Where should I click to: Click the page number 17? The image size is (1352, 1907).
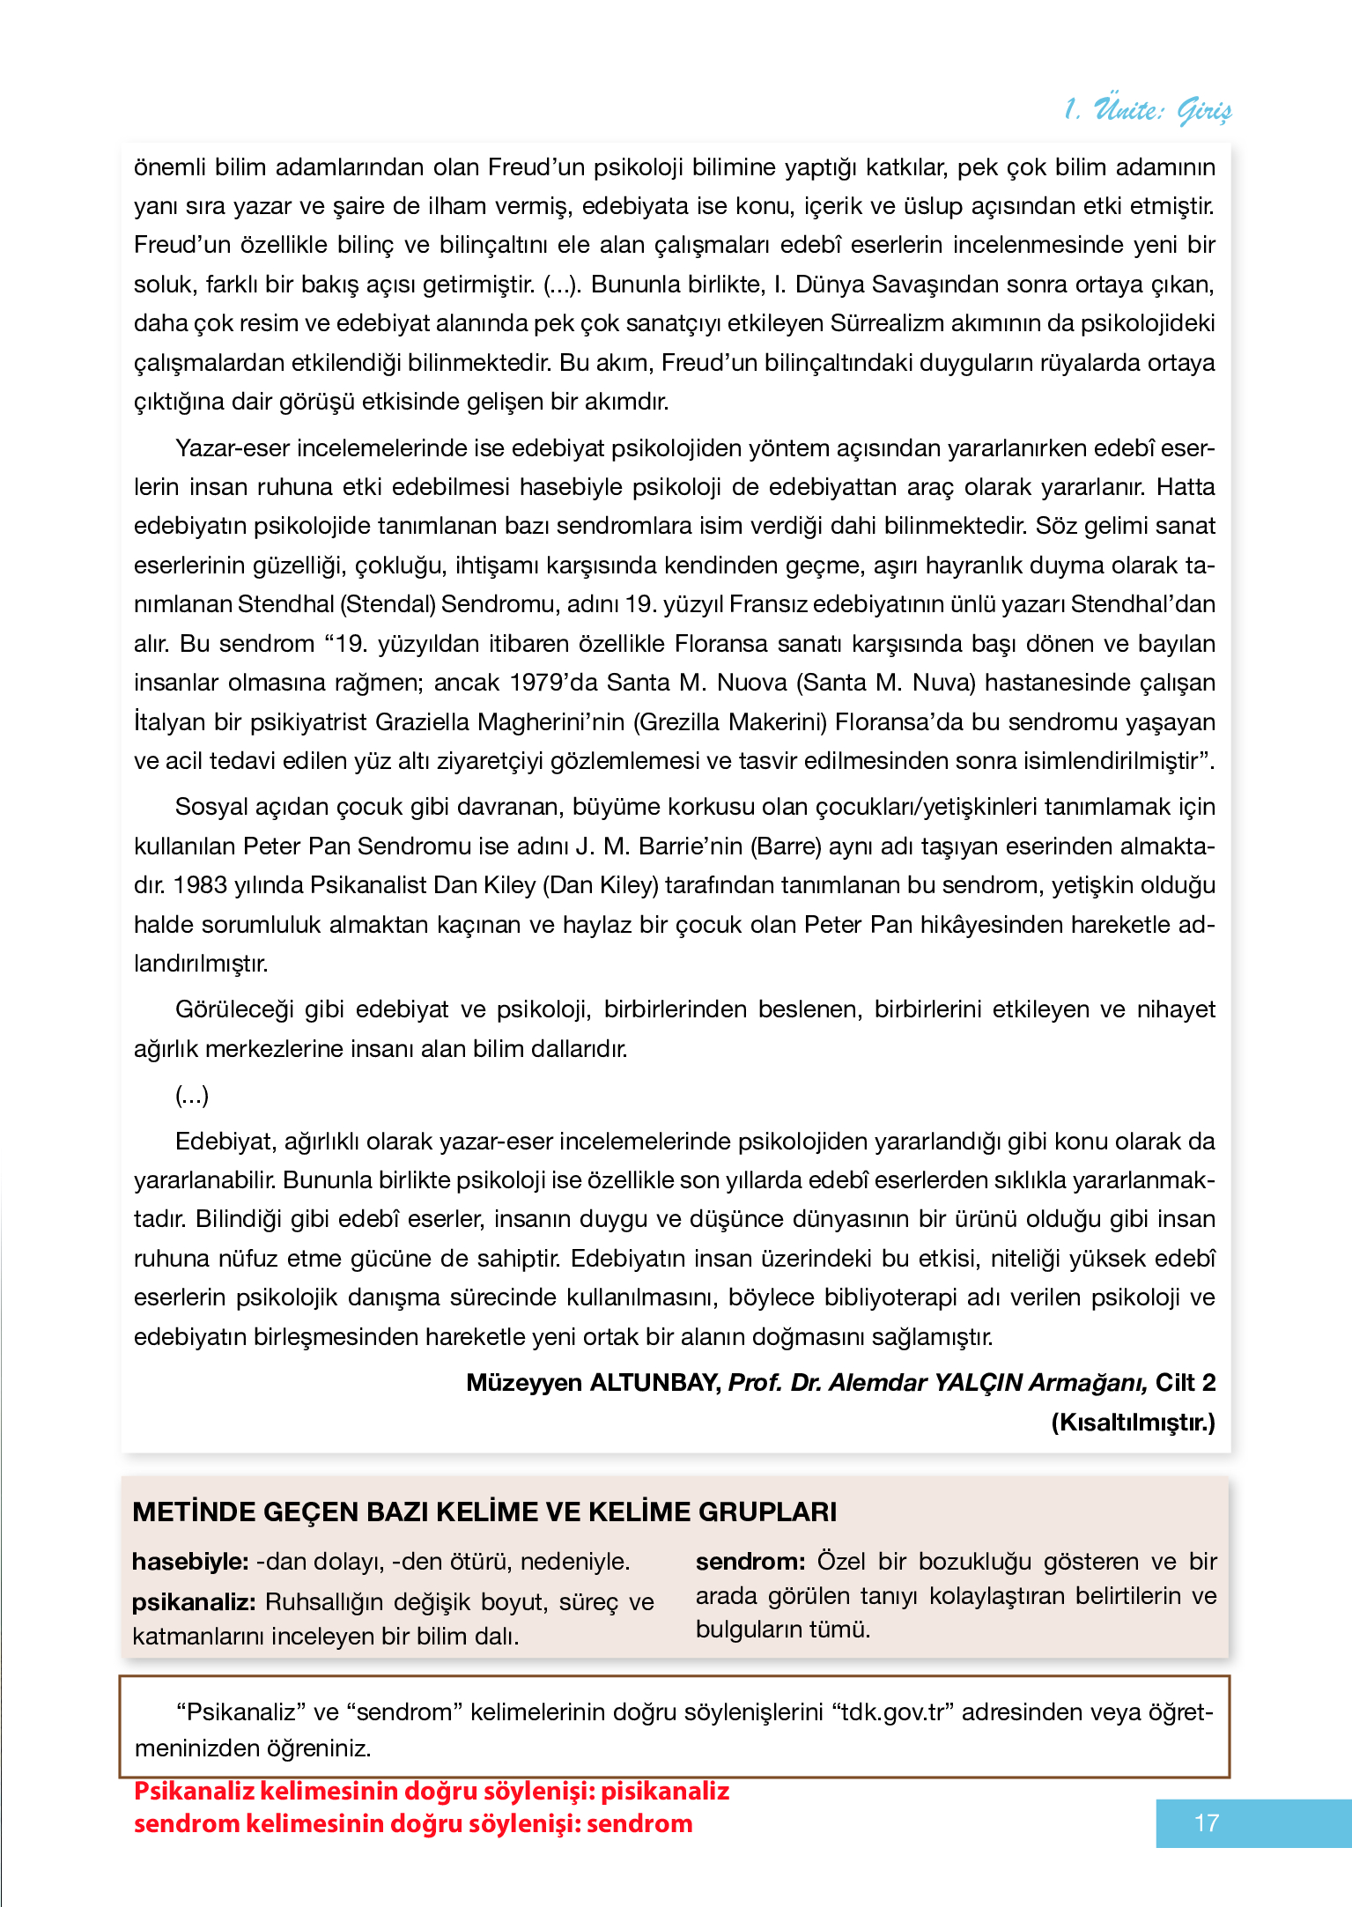(1206, 1822)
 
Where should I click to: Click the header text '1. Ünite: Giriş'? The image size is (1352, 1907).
(1147, 110)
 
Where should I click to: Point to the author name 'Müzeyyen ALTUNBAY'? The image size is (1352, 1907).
(593, 1383)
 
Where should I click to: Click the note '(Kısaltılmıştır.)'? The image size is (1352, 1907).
(1133, 1422)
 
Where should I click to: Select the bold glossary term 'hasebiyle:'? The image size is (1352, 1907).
(190, 1562)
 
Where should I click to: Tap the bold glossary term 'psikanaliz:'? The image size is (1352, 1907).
(194, 1601)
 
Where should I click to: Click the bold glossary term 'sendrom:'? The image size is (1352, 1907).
(750, 1562)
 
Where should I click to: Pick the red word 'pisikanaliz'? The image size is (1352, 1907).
(665, 1792)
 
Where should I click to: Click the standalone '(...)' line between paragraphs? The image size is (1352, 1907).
(192, 1096)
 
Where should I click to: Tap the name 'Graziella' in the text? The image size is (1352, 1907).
(422, 722)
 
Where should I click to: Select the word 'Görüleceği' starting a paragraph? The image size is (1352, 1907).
(233, 1009)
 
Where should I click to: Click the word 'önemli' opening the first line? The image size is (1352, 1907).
(168, 167)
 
